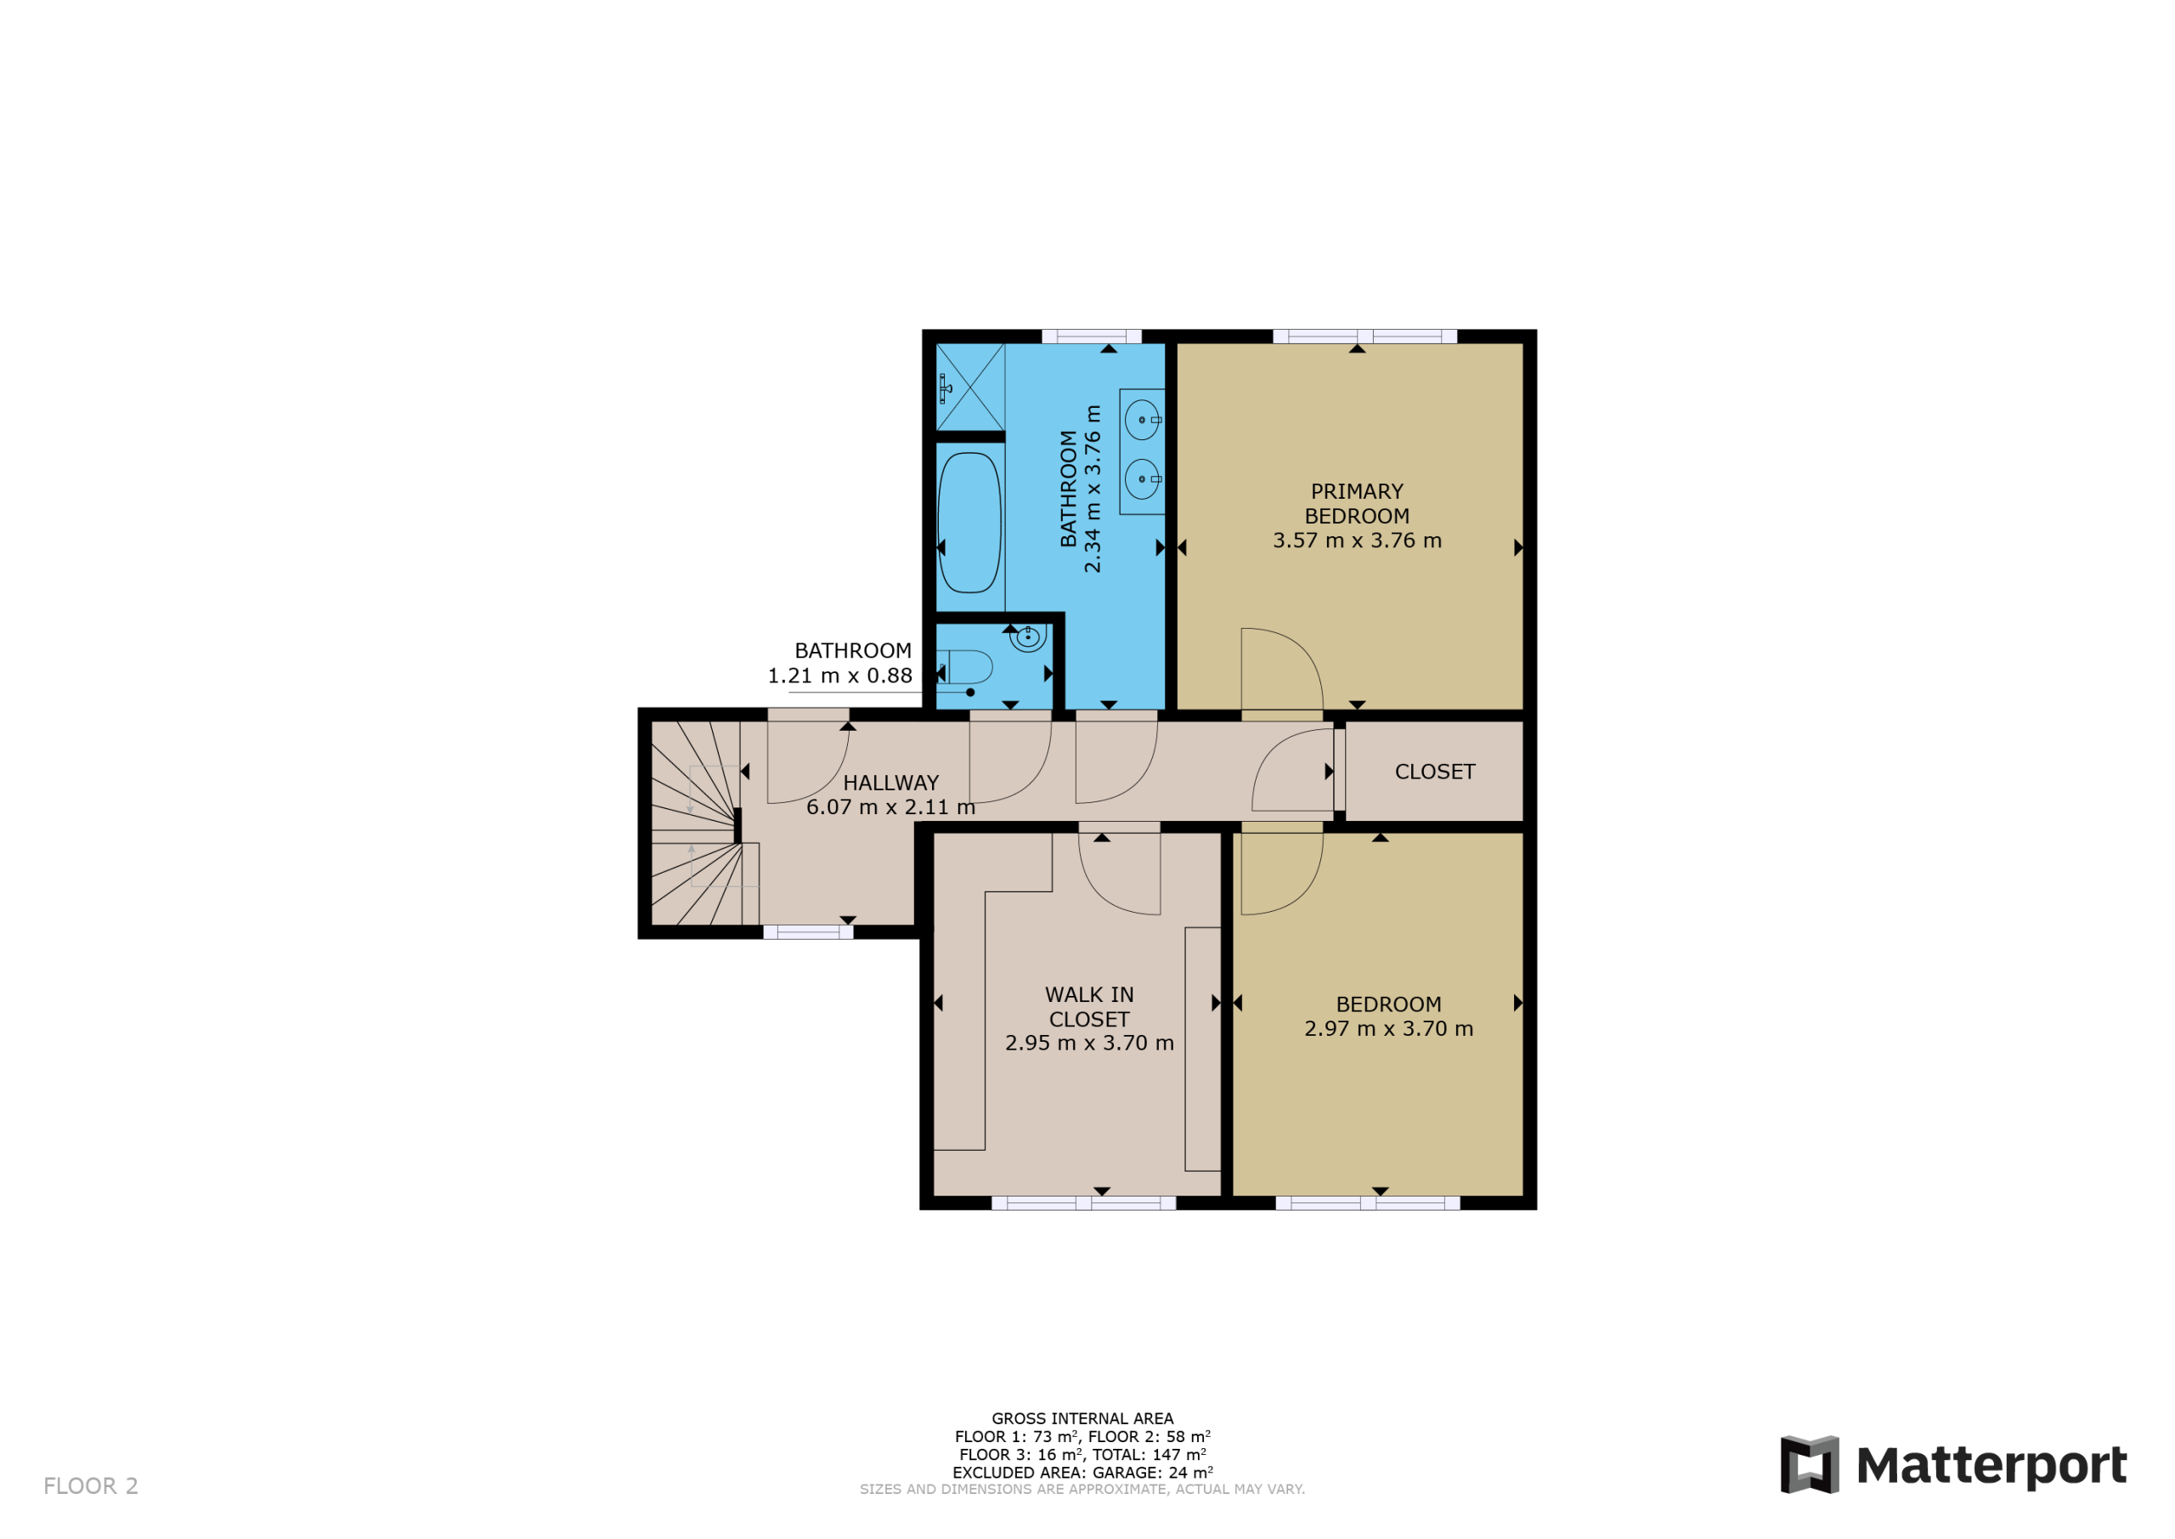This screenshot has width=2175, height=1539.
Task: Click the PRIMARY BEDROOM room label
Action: coord(1357,503)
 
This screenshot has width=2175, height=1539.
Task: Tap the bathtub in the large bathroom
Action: coord(969,522)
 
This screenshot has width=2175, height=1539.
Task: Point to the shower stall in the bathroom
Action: coord(970,387)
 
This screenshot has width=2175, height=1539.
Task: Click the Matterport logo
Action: coord(1953,1465)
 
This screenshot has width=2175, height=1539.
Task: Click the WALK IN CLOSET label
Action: coord(1089,1006)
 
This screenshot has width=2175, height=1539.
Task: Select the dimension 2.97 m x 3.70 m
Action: coord(1389,1028)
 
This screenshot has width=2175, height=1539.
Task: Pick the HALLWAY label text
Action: coord(890,783)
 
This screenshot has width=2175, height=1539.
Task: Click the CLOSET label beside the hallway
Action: coord(1435,772)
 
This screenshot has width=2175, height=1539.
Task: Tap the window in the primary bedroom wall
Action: coord(1364,337)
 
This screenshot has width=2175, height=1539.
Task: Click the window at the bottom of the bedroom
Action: coord(1368,1203)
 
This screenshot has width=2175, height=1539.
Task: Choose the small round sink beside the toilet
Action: coord(1028,637)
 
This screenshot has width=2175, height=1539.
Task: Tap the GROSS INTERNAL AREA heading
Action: coord(1082,1418)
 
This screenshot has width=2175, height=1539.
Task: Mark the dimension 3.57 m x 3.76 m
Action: coord(1357,540)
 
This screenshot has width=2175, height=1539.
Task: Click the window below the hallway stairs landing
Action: coord(808,932)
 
